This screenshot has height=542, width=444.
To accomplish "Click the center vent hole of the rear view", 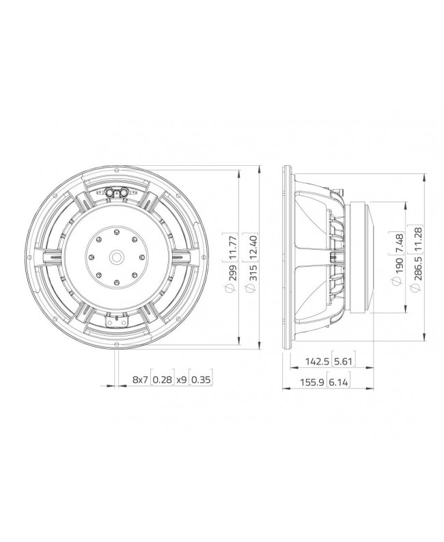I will (116, 257).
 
